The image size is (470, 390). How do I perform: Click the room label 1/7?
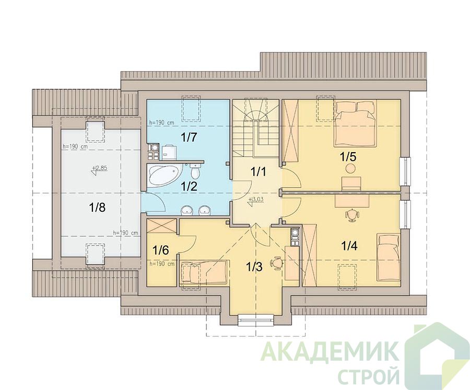[x=189, y=137]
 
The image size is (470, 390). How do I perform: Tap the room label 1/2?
[x=189, y=187]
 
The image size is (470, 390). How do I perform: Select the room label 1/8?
[x=98, y=207]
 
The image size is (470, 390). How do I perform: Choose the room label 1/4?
[x=349, y=246]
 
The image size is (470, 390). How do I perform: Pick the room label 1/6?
[x=161, y=249]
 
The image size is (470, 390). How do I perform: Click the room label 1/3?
[x=254, y=266]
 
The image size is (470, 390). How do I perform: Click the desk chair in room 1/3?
[x=276, y=262]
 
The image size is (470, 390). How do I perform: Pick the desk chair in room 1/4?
[x=352, y=215]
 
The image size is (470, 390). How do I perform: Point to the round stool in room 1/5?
[x=350, y=169]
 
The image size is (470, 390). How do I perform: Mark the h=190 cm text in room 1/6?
[x=162, y=264]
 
